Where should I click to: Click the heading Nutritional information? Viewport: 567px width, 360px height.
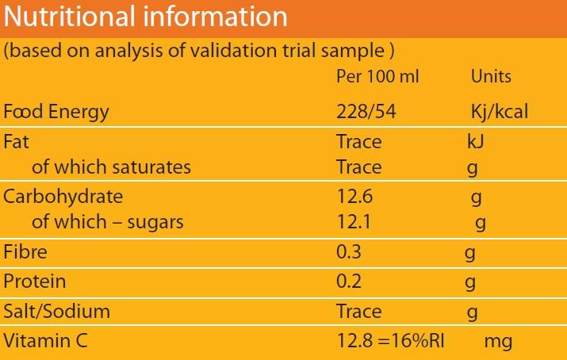click(x=146, y=17)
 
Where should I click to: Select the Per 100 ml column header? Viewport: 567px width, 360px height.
click(x=377, y=77)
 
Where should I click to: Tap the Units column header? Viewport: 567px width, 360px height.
click(x=491, y=77)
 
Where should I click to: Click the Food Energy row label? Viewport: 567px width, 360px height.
click(x=56, y=112)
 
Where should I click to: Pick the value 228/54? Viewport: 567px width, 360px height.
click(x=366, y=112)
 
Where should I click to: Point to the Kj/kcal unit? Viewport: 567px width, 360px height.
click(x=499, y=112)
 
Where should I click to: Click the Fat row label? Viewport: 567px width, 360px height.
click(x=15, y=142)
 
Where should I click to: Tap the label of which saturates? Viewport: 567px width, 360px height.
click(x=111, y=167)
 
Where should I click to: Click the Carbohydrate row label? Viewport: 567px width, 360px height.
click(x=63, y=196)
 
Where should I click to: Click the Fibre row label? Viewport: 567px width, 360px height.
click(x=25, y=253)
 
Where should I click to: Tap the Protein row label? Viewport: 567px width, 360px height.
click(x=35, y=281)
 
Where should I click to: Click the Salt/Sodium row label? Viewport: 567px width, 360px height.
click(x=56, y=312)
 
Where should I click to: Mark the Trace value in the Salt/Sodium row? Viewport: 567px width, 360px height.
click(x=358, y=312)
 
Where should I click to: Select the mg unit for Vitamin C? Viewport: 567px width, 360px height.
click(x=498, y=342)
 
